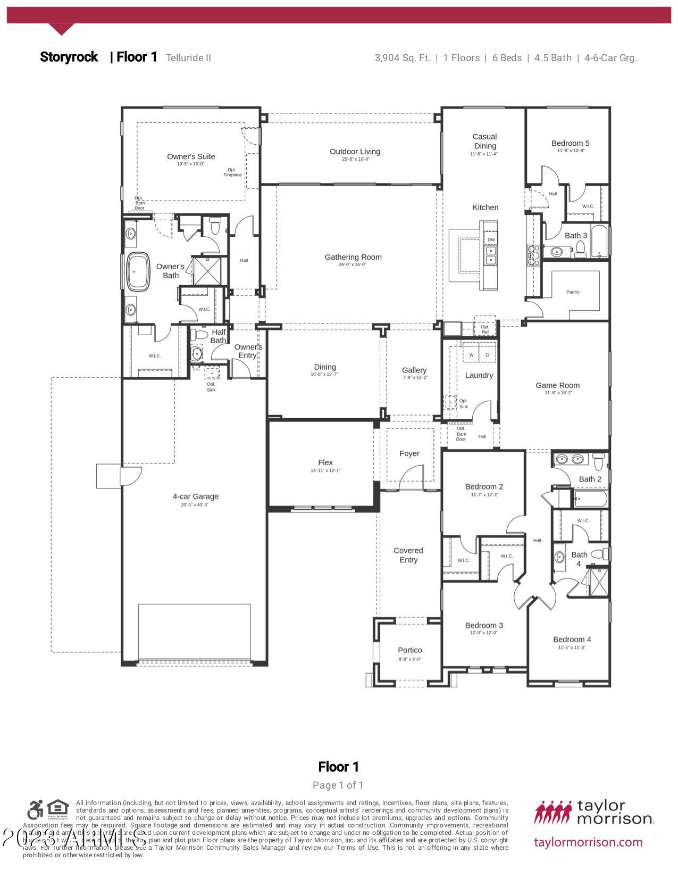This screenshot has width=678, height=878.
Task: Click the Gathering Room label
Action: coord(353,257)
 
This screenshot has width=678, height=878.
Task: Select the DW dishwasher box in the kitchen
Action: coord(491,240)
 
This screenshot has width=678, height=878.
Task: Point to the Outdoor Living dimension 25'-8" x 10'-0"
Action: coord(356,159)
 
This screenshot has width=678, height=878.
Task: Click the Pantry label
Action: coord(573,292)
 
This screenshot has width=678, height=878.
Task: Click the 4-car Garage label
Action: coord(195,496)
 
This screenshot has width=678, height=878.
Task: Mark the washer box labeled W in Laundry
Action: coord(471,355)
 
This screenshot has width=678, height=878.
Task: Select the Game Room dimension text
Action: coord(557,393)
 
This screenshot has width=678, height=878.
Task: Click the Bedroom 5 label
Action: coord(570,143)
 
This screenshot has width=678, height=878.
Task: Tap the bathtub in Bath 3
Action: coord(599,242)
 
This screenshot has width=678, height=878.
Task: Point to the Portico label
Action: coord(409,650)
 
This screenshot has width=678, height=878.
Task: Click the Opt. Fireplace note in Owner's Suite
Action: coord(232,172)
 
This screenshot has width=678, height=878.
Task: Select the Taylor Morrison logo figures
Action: coord(553,812)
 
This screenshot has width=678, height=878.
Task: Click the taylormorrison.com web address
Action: coord(588,842)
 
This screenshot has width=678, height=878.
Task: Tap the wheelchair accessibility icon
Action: coord(36,810)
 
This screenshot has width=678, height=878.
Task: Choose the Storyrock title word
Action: coord(69,57)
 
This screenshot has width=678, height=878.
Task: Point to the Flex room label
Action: coord(325,462)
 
